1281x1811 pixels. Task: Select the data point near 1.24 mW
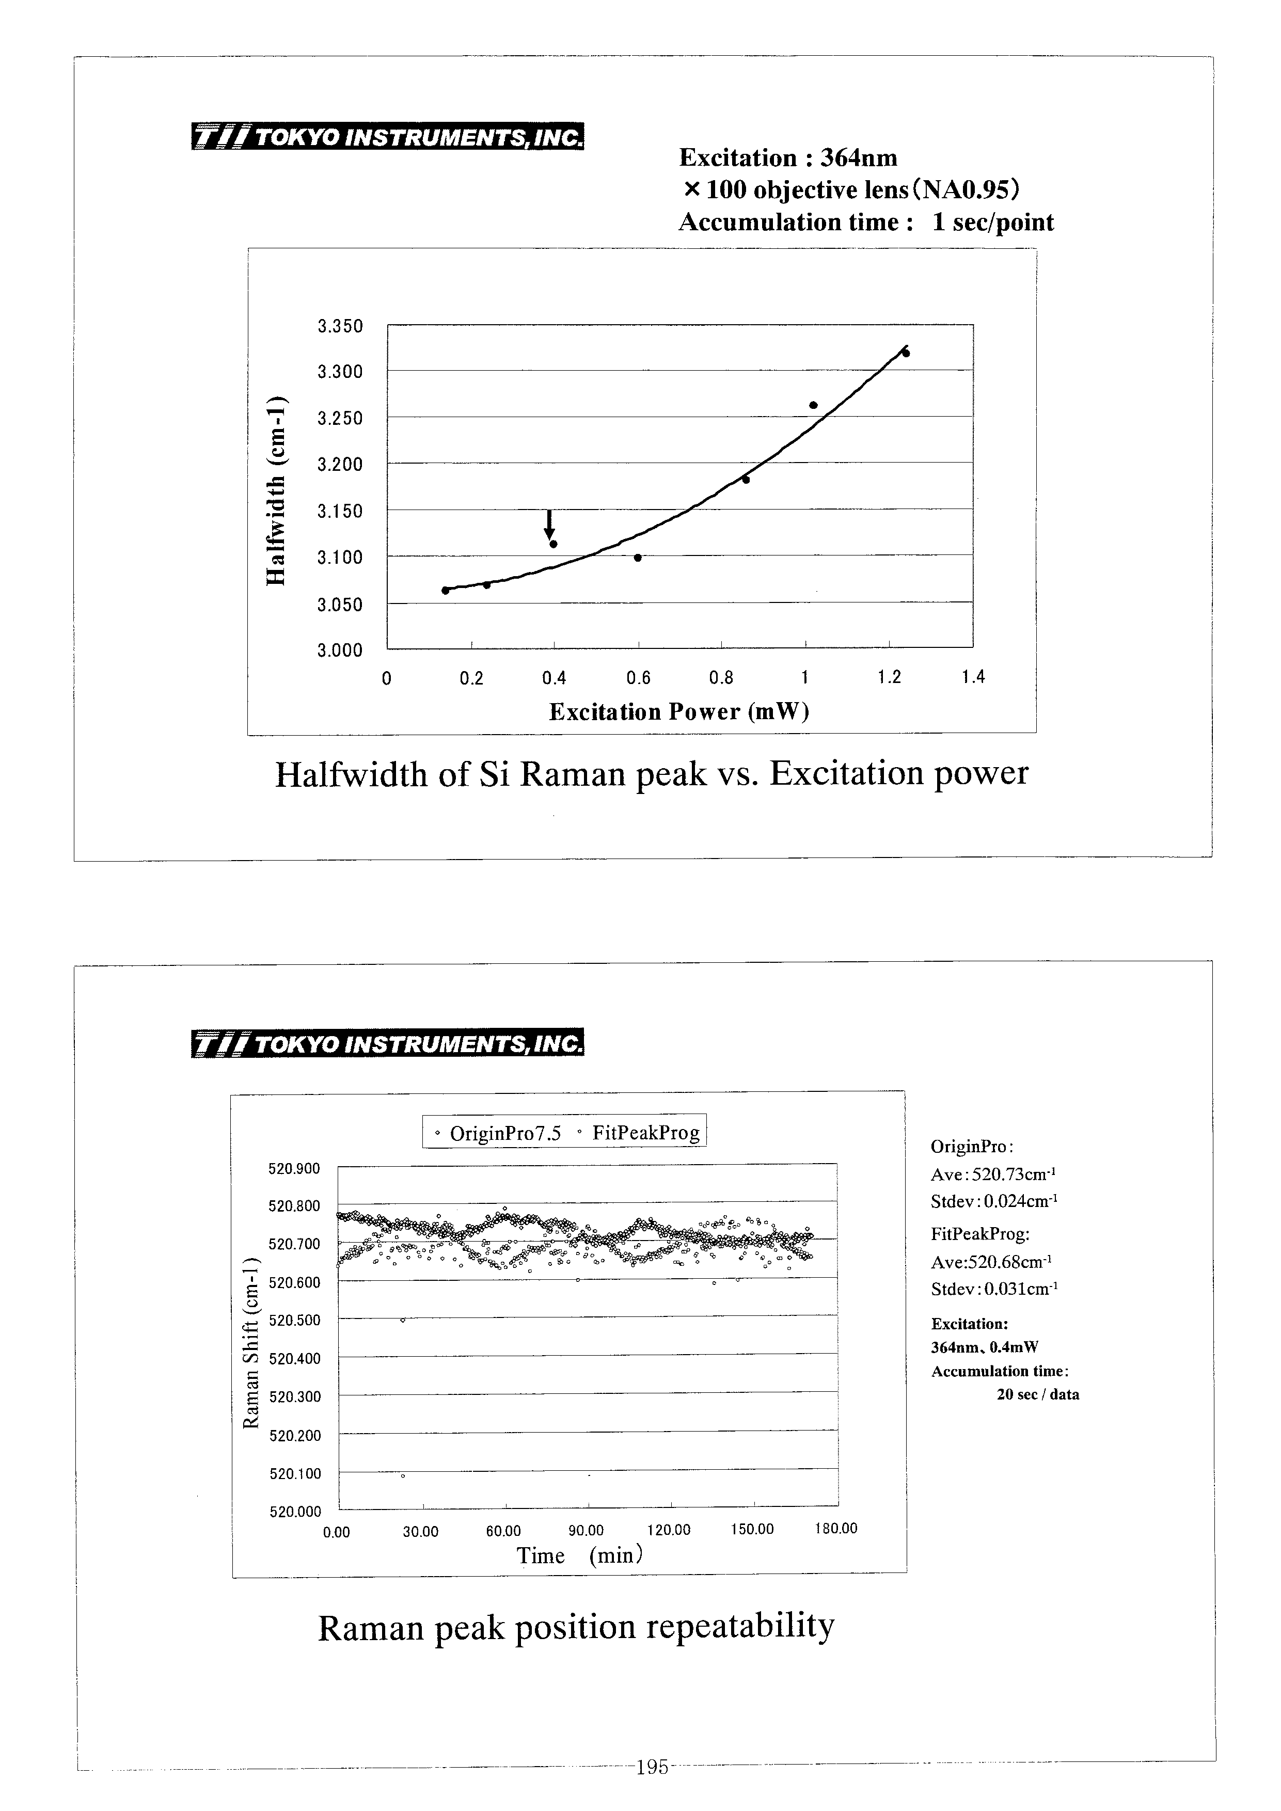[x=906, y=353]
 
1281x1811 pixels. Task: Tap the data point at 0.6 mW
[x=637, y=558]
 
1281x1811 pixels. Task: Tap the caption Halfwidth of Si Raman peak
[x=652, y=774]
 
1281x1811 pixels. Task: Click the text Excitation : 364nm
[x=788, y=158]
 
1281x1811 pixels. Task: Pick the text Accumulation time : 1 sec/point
[x=866, y=223]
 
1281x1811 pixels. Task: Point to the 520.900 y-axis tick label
[x=295, y=1168]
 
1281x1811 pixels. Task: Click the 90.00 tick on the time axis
[x=586, y=1531]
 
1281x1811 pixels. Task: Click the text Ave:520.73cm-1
[x=993, y=1174]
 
